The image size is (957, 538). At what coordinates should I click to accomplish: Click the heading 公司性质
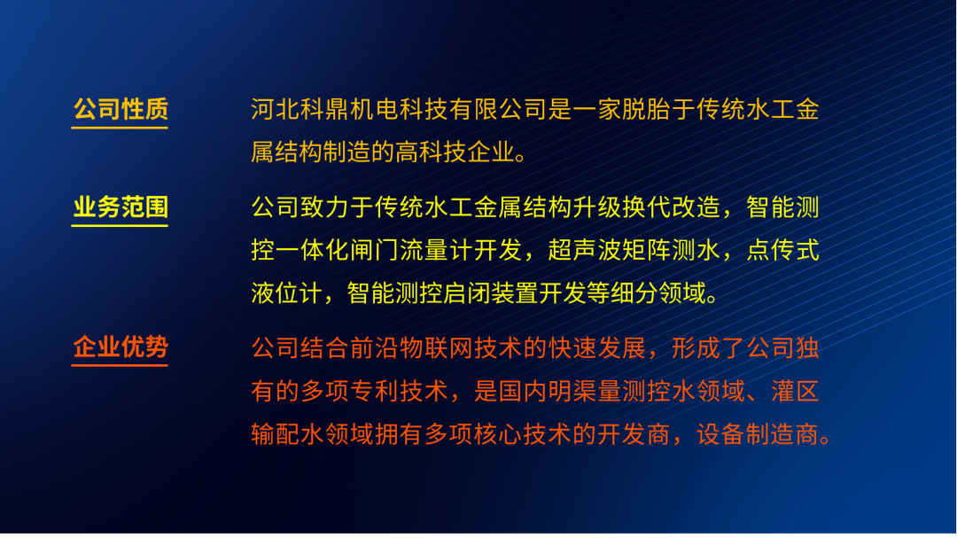[x=121, y=110]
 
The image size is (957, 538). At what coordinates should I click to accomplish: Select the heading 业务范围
[x=121, y=207]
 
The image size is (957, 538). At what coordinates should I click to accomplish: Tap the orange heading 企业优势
[x=121, y=347]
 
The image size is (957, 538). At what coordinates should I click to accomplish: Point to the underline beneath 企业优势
[x=120, y=365]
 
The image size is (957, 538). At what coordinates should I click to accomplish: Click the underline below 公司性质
[x=120, y=128]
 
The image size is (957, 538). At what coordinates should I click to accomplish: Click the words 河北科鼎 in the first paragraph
[x=300, y=110]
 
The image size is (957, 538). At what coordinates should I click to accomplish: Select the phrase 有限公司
[x=499, y=110]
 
